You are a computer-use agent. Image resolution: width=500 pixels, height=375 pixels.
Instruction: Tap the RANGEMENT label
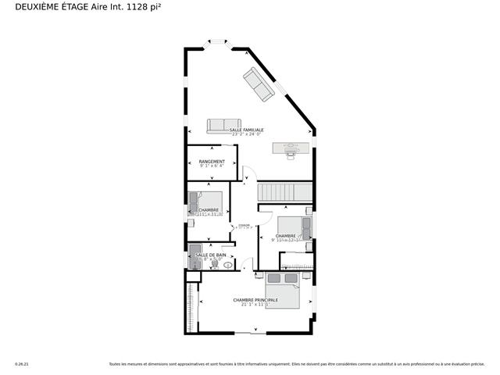tap(211, 161)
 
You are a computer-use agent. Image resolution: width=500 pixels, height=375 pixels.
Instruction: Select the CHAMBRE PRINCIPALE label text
tap(255, 300)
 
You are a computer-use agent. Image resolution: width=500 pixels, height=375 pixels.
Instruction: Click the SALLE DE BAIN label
tap(211, 255)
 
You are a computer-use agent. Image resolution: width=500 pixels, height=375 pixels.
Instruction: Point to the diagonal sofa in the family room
tap(258, 84)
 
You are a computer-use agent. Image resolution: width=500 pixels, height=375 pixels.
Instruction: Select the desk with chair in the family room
tap(290, 148)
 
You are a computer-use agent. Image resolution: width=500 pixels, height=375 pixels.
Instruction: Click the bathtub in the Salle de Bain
tap(194, 257)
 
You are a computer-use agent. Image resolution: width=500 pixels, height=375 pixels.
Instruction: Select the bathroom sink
tap(227, 265)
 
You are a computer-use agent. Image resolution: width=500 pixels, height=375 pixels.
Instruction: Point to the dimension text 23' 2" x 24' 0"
tap(246, 134)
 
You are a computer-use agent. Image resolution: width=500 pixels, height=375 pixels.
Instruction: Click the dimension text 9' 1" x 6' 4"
tap(211, 166)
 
